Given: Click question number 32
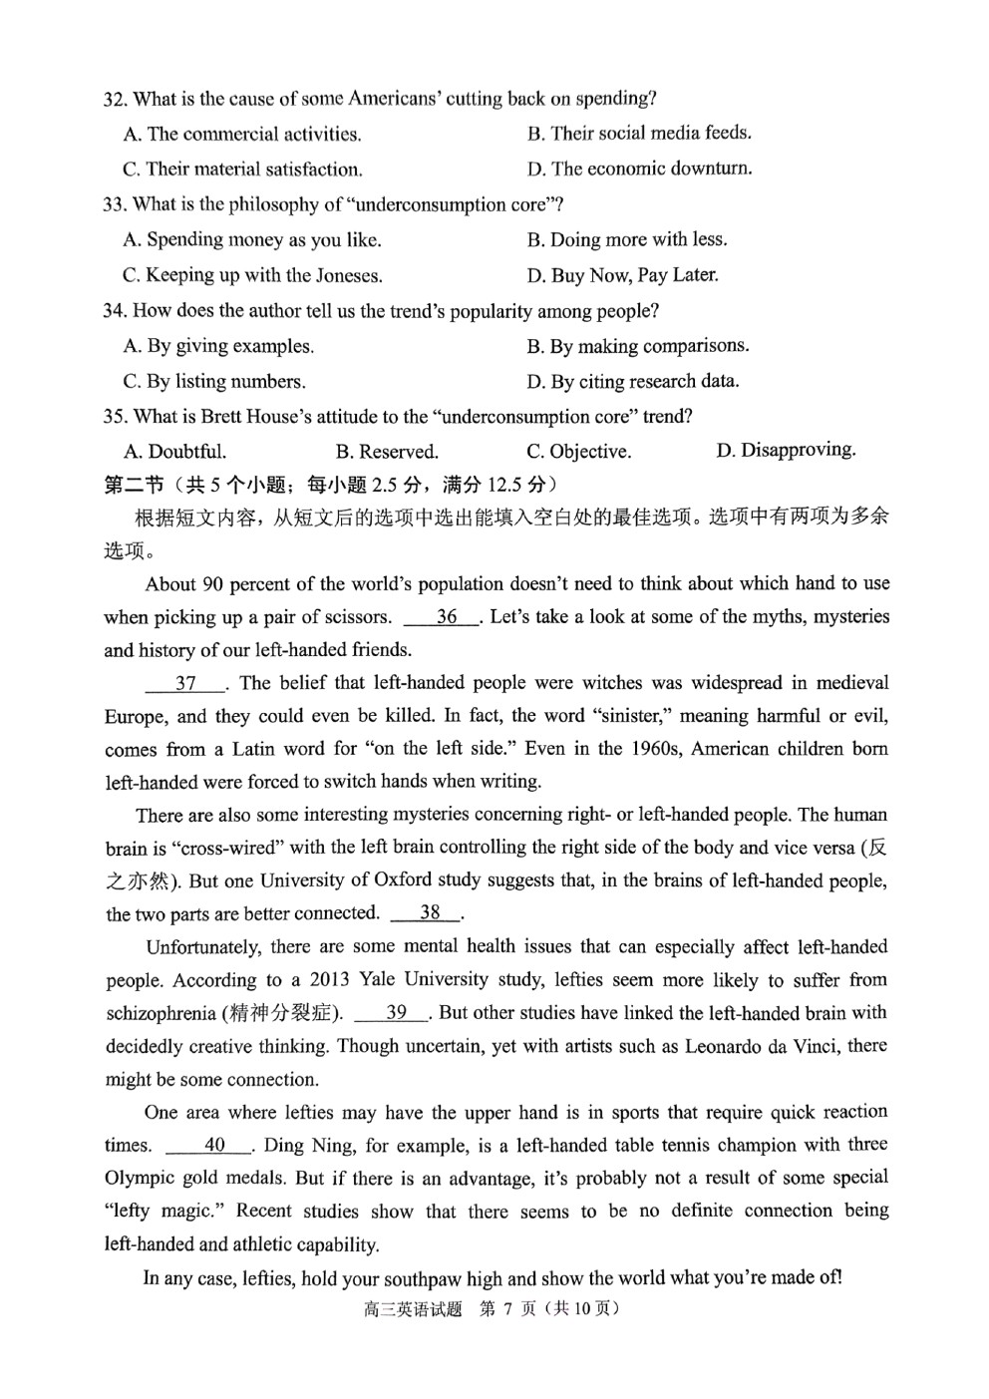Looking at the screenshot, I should coord(115,99).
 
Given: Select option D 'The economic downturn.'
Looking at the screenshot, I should coord(639,169).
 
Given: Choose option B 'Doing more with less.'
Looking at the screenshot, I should coord(627,239).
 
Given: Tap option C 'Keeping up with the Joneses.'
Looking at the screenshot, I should coord(252,275).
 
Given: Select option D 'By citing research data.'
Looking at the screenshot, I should coord(633,381).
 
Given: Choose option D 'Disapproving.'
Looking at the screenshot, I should coord(786,450).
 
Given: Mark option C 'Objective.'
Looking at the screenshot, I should coord(579,452).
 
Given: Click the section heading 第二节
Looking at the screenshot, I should coord(134,485).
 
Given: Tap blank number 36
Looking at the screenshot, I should coord(446,617).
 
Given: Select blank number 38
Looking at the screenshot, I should coord(430,912).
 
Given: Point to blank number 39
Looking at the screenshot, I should coord(396,1012).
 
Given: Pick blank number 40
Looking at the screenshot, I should coord(214,1145).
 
